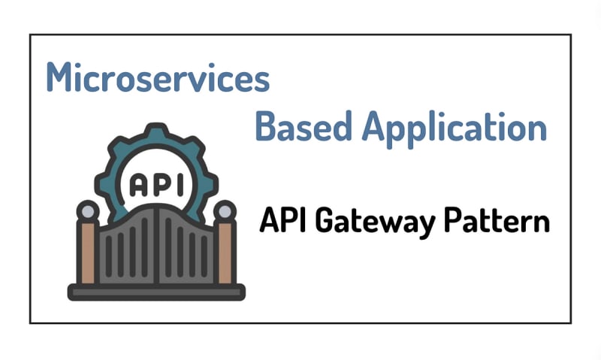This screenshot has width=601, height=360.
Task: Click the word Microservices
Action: point(157,77)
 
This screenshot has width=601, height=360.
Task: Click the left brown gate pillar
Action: point(88,252)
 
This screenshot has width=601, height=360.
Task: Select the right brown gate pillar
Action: point(224,252)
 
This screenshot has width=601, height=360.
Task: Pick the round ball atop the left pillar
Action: point(88,212)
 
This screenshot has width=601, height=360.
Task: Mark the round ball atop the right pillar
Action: point(224,212)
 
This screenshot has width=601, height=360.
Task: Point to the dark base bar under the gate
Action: point(156,292)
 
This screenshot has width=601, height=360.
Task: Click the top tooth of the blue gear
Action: point(156,132)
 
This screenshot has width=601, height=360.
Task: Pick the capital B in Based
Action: point(265,126)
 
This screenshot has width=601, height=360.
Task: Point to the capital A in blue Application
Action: point(377,126)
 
